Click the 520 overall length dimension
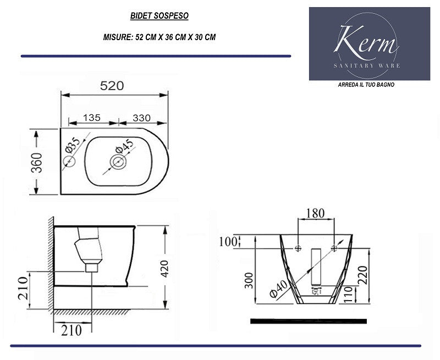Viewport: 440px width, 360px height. coord(112,86)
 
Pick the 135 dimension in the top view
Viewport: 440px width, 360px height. coord(91,117)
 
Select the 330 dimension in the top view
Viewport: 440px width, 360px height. coord(142,117)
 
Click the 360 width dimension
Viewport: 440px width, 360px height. coord(36,162)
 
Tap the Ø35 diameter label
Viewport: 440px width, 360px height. coord(73,146)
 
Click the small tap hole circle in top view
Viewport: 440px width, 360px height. coord(69,162)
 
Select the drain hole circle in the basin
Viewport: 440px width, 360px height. coord(117,162)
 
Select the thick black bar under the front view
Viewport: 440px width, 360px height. coord(307,319)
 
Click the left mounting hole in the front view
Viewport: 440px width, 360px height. coord(298,248)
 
